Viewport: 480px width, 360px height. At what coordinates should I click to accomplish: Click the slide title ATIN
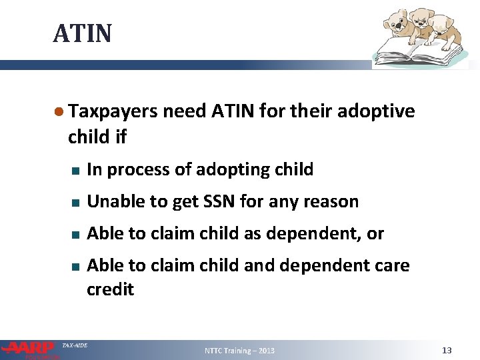(x=82, y=33)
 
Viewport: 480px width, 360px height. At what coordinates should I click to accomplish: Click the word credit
(x=111, y=290)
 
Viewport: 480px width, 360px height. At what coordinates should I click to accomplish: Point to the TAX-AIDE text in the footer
(x=74, y=345)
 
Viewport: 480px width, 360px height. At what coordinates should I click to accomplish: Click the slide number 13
(x=447, y=350)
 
